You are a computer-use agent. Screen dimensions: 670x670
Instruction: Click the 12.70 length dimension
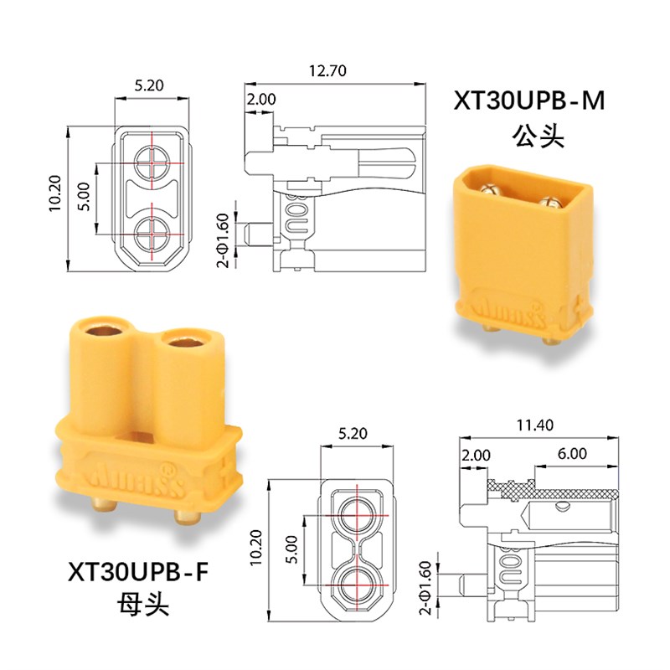coord(327,71)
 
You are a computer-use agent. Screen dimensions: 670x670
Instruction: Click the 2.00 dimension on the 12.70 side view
coord(260,99)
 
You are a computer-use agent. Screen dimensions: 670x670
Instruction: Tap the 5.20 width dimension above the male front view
coord(149,85)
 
